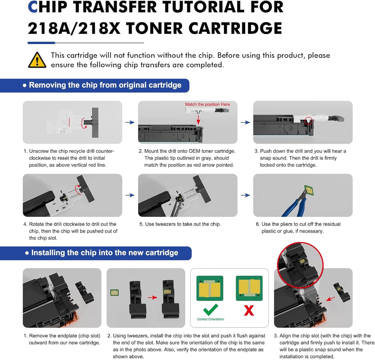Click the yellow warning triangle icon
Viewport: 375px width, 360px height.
[37, 60]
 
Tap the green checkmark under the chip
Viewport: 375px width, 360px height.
[211, 310]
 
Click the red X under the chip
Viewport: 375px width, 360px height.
[249, 311]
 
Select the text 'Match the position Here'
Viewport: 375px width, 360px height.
[207, 104]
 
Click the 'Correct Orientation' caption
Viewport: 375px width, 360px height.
[210, 319]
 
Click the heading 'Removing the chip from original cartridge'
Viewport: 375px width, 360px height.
[105, 85]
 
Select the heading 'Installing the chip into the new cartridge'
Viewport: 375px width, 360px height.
[105, 253]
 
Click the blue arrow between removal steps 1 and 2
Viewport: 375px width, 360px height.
[130, 123]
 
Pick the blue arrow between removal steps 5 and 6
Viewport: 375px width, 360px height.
[245, 195]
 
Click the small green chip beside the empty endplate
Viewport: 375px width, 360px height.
[114, 292]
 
